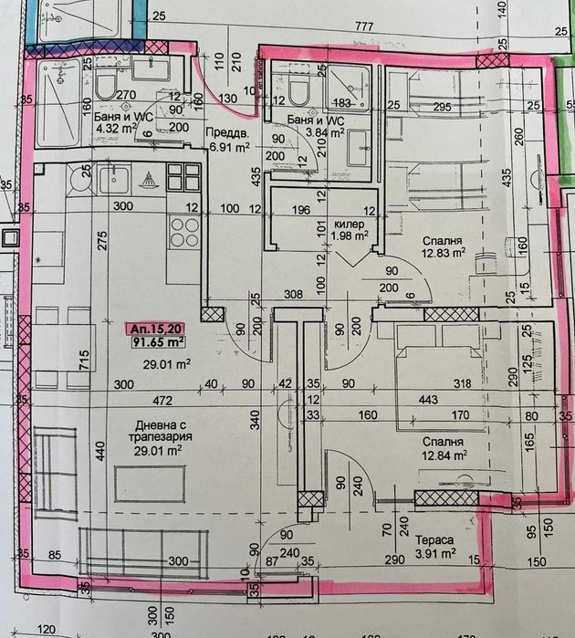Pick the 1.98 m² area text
tap(348, 235)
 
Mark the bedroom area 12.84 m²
tap(444, 454)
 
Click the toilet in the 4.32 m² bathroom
tap(104, 88)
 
